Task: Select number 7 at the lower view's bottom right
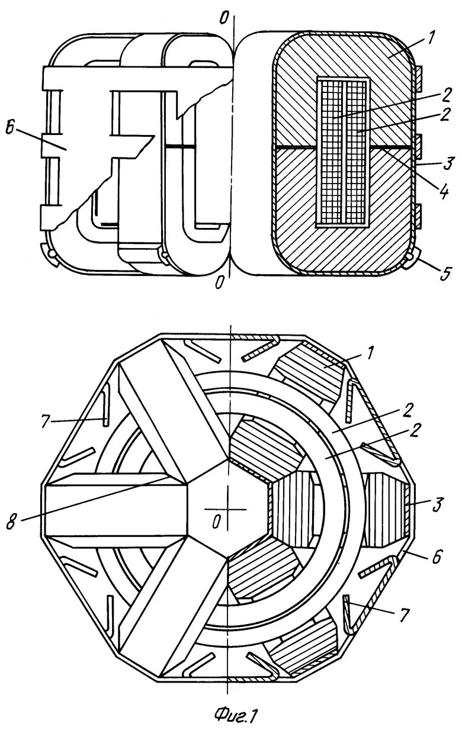(x=403, y=616)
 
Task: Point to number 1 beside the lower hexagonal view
(x=370, y=354)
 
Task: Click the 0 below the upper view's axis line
(x=219, y=283)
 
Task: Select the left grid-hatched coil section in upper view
(x=329, y=152)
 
